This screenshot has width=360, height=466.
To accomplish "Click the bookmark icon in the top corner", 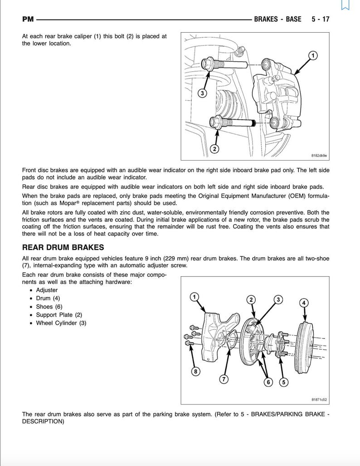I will pos(345,5).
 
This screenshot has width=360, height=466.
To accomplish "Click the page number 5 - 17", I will pos(320,19).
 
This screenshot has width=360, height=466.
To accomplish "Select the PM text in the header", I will pos(28,19).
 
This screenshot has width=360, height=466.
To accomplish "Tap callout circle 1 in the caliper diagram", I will pos(313,55).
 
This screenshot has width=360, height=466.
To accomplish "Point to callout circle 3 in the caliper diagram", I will pos(202,93).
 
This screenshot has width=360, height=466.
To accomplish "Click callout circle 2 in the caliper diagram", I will pos(214,148).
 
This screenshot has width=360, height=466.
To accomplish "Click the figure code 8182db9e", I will pos(319,155).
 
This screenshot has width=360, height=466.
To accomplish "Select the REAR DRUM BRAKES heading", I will pos(63,247).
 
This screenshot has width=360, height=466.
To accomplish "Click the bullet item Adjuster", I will pos(47,290).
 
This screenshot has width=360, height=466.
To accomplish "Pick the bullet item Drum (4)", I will pos(48,298).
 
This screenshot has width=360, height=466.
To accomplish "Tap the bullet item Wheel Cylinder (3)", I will pos(61,323).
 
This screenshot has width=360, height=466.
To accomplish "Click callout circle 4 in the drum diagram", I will pos(304,303).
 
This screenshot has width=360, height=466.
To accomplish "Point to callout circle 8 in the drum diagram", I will pos(195,372).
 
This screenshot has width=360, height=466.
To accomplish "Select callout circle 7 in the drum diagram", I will pos(224,379).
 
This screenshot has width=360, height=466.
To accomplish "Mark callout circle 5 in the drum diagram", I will pos(284,382).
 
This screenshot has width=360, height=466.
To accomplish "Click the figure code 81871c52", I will pos(319,399).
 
